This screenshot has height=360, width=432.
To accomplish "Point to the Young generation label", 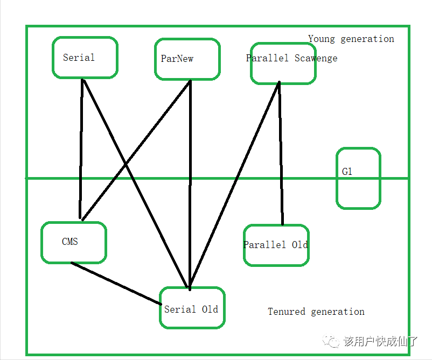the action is click(351, 39).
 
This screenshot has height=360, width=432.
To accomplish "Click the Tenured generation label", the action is click(316, 312).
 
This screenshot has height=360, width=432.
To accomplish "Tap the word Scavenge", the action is click(316, 58).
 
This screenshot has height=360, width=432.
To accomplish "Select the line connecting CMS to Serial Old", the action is click(116, 284).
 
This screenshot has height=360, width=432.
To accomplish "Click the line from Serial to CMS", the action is click(81, 149).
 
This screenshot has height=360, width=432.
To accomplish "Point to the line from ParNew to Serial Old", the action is click(190, 185).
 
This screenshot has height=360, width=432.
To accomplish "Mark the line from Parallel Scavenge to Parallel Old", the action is click(281, 153).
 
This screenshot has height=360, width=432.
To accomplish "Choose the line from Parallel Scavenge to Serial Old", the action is click(234, 185).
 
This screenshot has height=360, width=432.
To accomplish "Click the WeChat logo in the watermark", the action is click(331, 341).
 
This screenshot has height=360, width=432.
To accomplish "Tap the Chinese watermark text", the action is click(381, 341).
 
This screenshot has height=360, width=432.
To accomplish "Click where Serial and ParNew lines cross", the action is click(126, 165).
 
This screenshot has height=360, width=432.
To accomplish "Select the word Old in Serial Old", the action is click(210, 309).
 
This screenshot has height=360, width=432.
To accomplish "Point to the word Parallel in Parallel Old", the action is click(264, 245).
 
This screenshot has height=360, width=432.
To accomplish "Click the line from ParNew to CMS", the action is click(136, 151).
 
